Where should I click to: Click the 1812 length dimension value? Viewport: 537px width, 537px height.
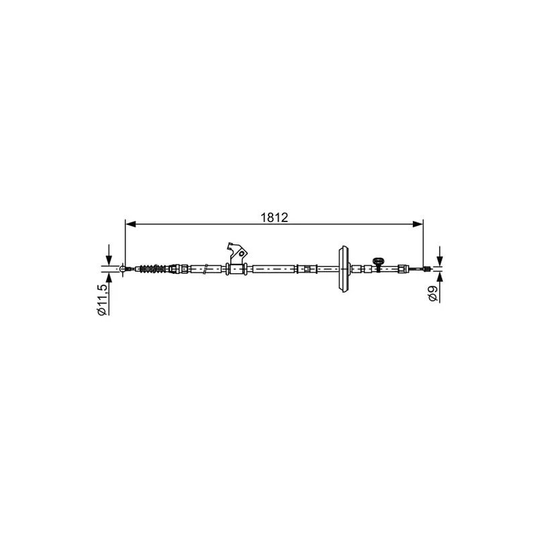click(x=275, y=217)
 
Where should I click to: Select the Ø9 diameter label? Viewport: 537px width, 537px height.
click(x=433, y=293)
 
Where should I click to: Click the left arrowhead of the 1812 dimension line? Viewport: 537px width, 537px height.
click(x=131, y=224)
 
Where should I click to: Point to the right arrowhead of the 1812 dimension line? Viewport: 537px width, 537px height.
click(x=418, y=224)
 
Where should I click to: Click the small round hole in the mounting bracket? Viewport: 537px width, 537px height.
click(x=242, y=254)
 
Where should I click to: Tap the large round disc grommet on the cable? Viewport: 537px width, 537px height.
click(x=344, y=269)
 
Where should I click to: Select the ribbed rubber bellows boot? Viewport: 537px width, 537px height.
click(x=153, y=269)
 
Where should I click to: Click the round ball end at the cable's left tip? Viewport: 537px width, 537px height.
click(x=123, y=269)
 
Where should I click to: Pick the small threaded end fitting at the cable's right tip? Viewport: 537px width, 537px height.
click(x=427, y=269)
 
